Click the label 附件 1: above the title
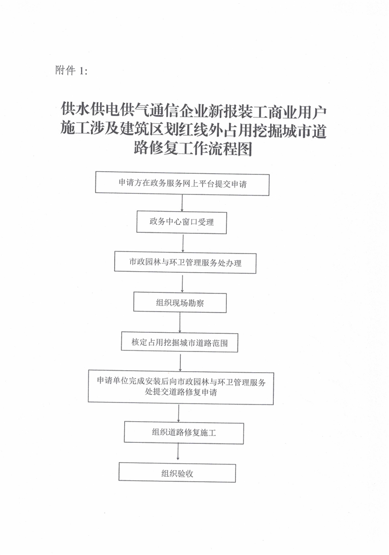[x=71, y=70]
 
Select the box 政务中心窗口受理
[x=181, y=223]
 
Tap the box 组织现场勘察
[x=180, y=302]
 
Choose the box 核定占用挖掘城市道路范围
[x=179, y=342]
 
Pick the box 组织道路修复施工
[x=184, y=432]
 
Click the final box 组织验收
[x=177, y=473]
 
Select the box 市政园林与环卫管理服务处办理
[x=185, y=263]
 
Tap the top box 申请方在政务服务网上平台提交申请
[x=182, y=183]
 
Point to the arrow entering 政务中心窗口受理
[x=182, y=204]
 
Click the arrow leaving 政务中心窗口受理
[x=183, y=243]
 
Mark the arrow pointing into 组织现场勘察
[x=182, y=283]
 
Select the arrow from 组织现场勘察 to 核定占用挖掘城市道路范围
[x=180, y=323]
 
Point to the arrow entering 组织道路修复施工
[x=178, y=413]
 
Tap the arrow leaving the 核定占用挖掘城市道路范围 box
[x=180, y=362]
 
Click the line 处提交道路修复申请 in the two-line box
[x=181, y=392]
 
